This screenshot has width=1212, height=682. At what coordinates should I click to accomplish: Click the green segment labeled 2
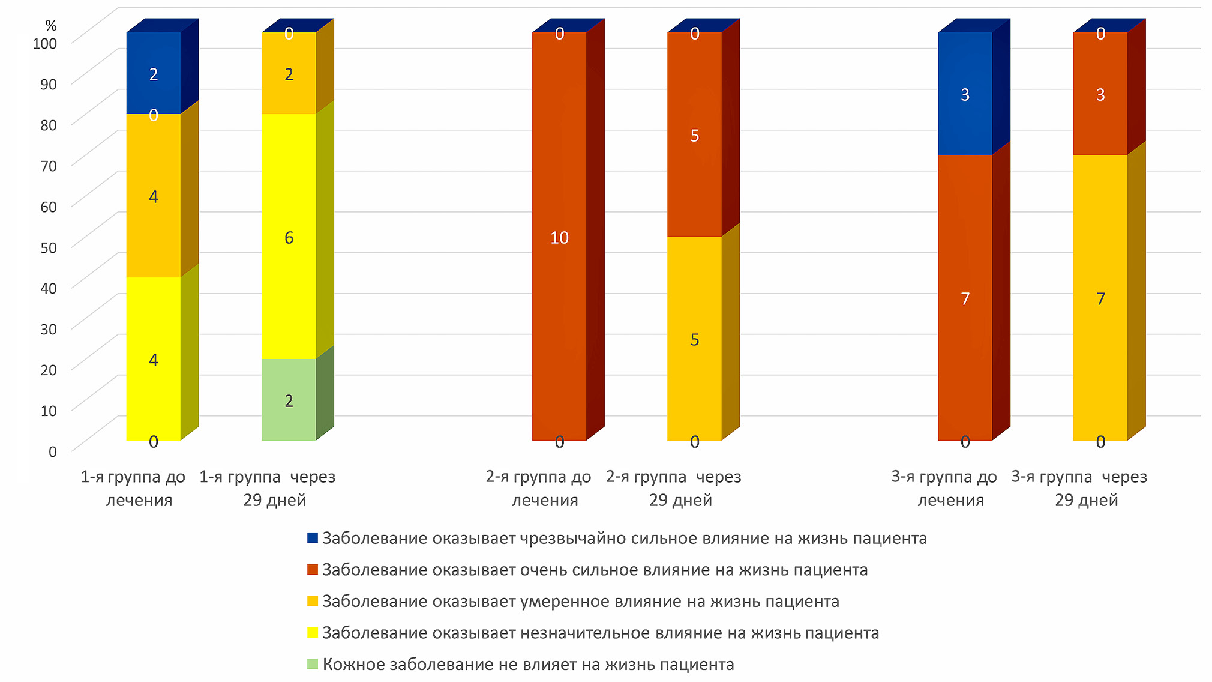(x=289, y=400)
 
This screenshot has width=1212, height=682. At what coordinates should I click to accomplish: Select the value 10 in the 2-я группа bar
(x=559, y=238)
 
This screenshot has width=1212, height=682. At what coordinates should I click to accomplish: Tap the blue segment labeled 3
(x=965, y=94)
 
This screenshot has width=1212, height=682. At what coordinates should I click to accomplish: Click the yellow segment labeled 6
(x=289, y=237)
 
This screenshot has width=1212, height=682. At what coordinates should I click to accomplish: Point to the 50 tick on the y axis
(x=49, y=247)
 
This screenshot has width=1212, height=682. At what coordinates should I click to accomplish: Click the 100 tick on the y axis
(x=45, y=43)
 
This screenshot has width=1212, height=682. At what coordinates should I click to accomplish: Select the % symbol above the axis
(x=51, y=25)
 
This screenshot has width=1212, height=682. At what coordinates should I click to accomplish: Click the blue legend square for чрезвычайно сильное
(x=313, y=538)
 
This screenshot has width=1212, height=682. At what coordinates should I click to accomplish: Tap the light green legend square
(x=313, y=664)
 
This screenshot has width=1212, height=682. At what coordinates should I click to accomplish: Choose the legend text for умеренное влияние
(x=580, y=601)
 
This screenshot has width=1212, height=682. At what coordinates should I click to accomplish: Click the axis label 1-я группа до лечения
(x=134, y=488)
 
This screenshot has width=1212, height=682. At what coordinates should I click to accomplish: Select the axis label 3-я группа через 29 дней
(x=1079, y=488)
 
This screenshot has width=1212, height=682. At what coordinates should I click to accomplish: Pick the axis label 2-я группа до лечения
(x=539, y=488)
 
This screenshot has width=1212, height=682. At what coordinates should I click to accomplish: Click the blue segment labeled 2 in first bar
(x=154, y=74)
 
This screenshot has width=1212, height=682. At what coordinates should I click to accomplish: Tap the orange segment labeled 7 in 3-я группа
(x=1100, y=298)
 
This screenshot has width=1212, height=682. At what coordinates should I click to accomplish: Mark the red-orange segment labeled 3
(x=1100, y=94)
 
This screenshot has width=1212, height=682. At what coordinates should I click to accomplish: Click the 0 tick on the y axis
(x=53, y=451)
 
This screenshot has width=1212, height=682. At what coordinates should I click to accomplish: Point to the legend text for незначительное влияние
(x=601, y=633)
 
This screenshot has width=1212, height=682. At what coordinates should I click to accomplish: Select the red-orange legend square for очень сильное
(x=313, y=569)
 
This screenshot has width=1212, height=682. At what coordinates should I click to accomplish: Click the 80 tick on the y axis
(x=49, y=125)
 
